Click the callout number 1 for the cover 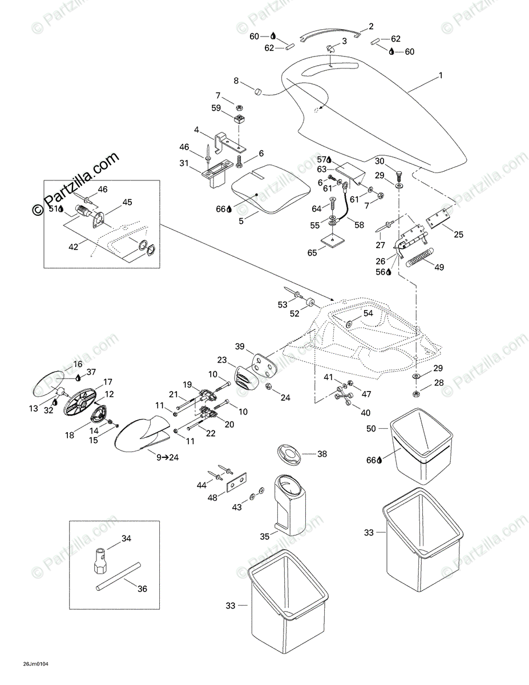click(440, 75)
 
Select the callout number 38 click(322, 454)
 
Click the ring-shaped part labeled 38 click(292, 454)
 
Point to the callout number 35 click(264, 536)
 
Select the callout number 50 click(371, 428)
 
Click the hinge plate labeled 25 click(438, 217)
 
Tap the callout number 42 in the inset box click(73, 247)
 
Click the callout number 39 click(240, 347)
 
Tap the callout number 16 click(77, 364)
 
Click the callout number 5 click(241, 220)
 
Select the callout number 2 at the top click(371, 26)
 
